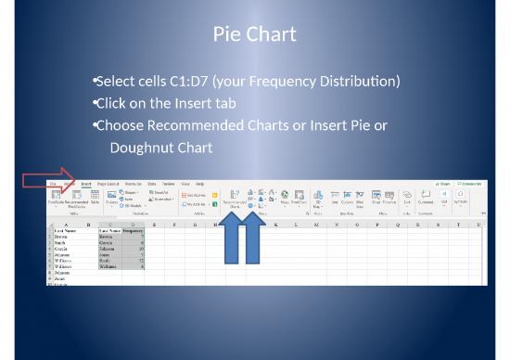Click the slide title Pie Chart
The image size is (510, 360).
254,35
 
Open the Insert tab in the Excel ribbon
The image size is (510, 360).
85,184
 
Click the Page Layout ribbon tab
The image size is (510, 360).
108,184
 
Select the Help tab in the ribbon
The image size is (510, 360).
198,184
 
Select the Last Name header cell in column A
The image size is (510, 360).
70,230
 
